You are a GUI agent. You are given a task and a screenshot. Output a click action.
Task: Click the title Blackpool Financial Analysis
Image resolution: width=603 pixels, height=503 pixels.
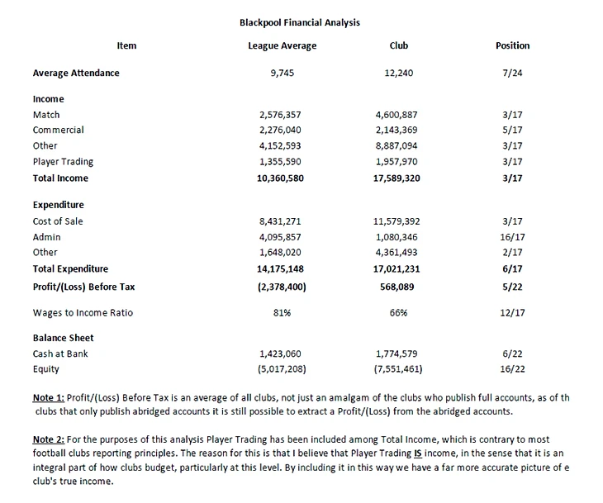click(299, 22)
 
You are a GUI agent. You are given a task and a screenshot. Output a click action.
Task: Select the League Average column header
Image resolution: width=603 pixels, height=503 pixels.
click(282, 46)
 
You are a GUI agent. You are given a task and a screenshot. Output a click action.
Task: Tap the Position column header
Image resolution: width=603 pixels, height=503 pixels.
click(512, 46)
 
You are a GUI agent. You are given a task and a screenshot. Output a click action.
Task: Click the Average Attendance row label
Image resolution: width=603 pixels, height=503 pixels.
click(76, 73)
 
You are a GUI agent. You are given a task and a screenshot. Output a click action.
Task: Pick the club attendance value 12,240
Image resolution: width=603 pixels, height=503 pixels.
click(399, 73)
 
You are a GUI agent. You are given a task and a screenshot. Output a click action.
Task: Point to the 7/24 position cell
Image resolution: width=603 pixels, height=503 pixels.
click(512, 73)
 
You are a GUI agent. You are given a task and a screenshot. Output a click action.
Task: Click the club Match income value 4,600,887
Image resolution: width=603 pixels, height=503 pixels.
click(401, 115)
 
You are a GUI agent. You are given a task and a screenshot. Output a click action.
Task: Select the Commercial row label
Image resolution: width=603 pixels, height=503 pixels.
click(58, 130)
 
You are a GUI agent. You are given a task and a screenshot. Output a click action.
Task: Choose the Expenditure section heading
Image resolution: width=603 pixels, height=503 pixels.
click(59, 205)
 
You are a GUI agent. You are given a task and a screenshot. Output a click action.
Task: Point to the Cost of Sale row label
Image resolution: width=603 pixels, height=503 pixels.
click(58, 221)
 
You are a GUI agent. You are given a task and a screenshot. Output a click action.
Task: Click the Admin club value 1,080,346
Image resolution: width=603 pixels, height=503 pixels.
click(401, 237)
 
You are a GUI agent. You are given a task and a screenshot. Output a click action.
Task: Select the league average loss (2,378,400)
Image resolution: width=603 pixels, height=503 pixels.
click(282, 286)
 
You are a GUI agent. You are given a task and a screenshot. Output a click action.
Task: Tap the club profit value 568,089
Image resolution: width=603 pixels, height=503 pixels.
click(398, 286)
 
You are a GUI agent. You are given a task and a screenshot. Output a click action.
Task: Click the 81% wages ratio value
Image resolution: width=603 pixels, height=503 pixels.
click(282, 312)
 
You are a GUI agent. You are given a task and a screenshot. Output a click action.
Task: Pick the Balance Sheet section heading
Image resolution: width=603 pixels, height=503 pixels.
click(63, 338)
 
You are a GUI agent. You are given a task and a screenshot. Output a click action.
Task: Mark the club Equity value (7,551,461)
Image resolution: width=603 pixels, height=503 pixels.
click(399, 369)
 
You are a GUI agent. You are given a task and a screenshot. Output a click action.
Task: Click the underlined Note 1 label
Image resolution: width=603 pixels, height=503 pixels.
click(48, 397)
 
